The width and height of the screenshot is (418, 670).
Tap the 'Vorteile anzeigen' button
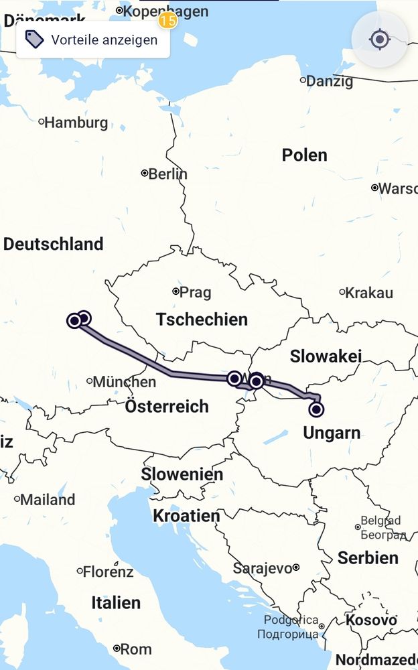pos(92,40)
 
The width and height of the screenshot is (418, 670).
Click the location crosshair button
pos(380,40)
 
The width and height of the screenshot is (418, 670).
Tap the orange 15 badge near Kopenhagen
pos(167,21)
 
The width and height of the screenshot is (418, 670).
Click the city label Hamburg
pos(75,123)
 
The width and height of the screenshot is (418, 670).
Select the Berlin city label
pos(167,174)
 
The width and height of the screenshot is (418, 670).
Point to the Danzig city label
pos(330,82)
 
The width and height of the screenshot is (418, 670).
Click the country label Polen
pos(304,155)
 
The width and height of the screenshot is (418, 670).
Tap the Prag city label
pos(194,292)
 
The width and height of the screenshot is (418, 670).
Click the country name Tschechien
pos(202,320)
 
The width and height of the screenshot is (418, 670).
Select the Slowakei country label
pos(326,356)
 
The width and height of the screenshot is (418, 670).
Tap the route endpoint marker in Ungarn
pos(316,409)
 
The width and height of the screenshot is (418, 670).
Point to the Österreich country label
pos(167,406)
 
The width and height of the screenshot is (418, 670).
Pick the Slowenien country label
pos(182,474)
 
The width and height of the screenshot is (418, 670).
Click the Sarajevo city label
pos(262,568)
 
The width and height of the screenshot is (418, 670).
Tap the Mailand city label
pos(47,499)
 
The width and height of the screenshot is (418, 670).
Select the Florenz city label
pos(107,572)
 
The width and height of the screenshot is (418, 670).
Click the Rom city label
pos(135,649)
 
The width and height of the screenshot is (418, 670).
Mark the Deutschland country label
pos(53,244)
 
